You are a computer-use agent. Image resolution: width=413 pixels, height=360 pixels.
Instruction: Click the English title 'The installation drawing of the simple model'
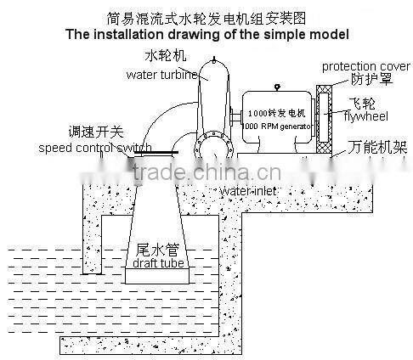point(206,36)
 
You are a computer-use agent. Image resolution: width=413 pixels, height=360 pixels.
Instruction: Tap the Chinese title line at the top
point(206,17)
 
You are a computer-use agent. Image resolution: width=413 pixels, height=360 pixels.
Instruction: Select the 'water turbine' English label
point(161,75)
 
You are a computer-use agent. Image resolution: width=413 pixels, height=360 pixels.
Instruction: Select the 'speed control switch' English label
point(95,149)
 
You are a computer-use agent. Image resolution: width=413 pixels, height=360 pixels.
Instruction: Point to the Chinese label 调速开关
point(94,132)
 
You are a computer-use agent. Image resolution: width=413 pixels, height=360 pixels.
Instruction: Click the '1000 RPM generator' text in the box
point(279,126)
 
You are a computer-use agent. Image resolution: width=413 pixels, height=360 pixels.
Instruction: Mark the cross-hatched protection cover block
point(323,119)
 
